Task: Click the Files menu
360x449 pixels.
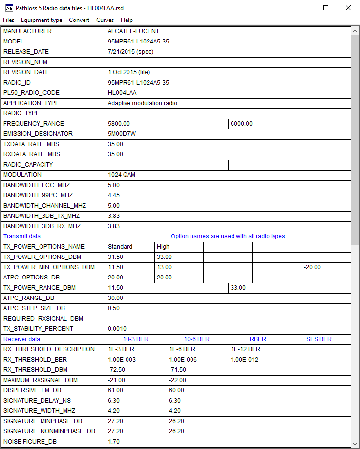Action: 9,20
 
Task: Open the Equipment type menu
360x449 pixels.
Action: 42,20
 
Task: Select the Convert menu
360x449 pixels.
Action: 79,20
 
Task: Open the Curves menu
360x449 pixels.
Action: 105,20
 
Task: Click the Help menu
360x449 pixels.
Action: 127,20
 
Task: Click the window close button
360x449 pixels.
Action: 348,8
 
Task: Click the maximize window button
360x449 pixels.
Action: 326,8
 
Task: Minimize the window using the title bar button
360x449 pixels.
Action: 303,8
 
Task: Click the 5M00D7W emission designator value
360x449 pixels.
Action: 122,134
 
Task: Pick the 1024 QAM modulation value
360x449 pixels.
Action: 122,175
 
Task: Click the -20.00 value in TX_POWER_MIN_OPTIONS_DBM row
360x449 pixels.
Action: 312,267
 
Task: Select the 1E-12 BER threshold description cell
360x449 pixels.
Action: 245,349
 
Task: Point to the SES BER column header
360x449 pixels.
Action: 318,339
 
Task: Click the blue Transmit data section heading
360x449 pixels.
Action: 22,236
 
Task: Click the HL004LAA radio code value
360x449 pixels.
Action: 122,93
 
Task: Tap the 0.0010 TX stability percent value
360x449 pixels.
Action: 117,329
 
